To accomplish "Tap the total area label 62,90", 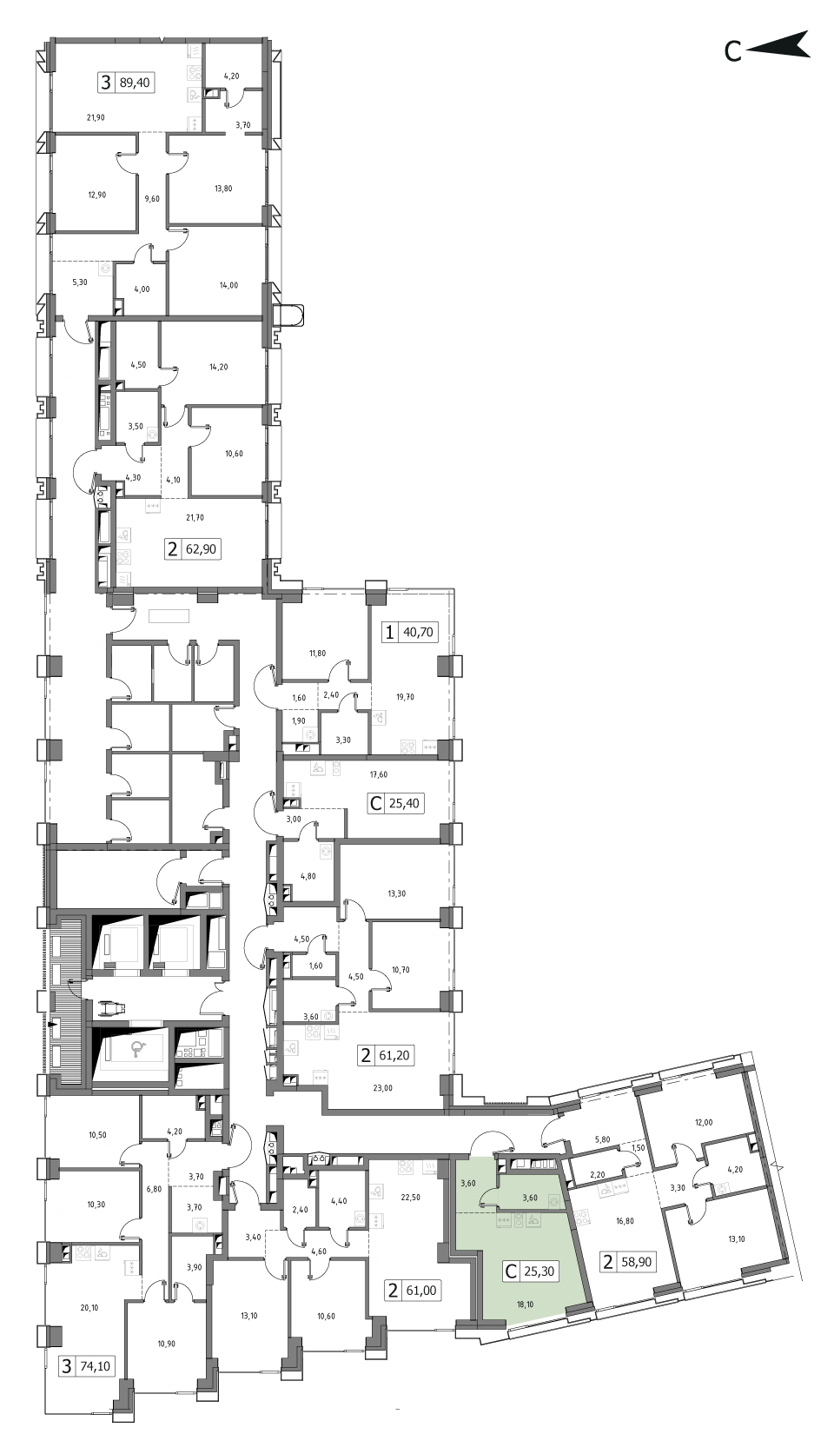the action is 202,548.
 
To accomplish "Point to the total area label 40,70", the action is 419,632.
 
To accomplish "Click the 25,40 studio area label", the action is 404,803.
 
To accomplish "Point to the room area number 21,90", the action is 96,117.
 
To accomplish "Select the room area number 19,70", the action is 405,696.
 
